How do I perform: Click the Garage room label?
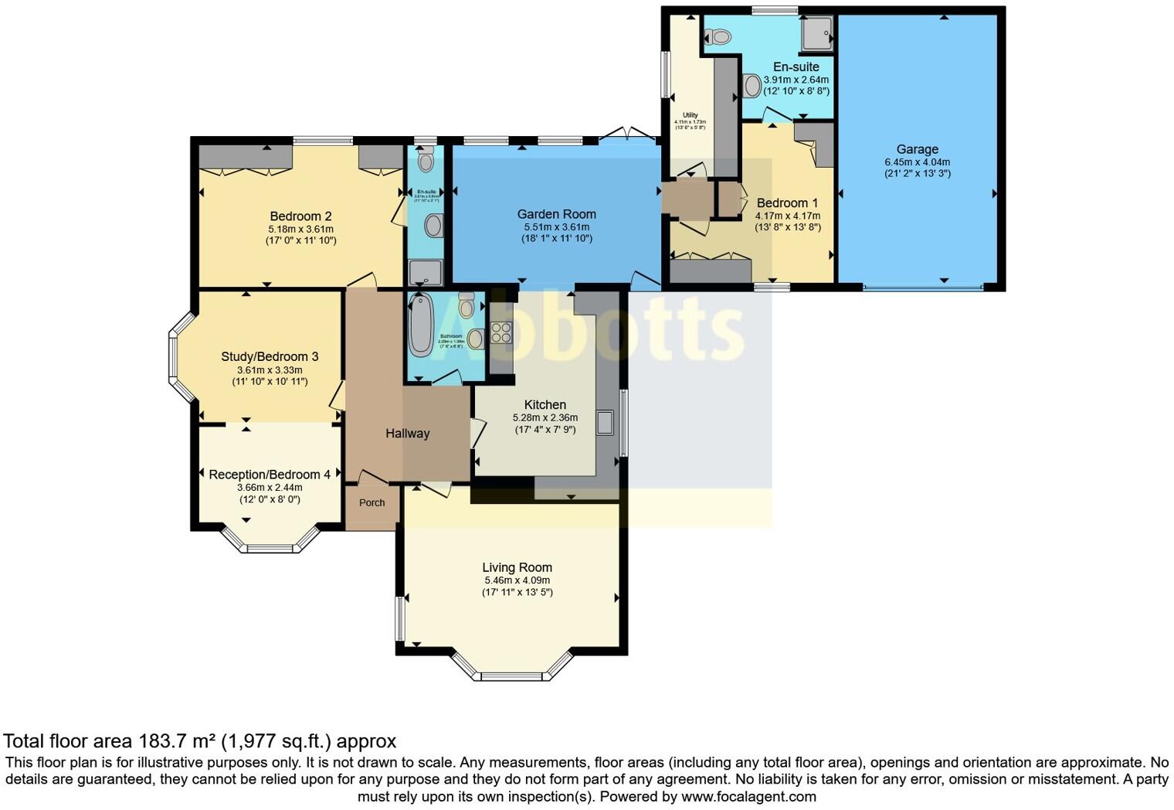pyautogui.click(x=917, y=149)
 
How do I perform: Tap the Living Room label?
pyautogui.click(x=517, y=567)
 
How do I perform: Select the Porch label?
pyautogui.click(x=372, y=502)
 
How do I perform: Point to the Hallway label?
pyautogui.click(x=407, y=434)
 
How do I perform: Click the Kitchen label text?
pyautogui.click(x=545, y=404)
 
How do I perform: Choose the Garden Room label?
pyautogui.click(x=556, y=214)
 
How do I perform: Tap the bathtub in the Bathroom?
pyautogui.click(x=420, y=325)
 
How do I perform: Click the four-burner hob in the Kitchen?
pyautogui.click(x=500, y=332)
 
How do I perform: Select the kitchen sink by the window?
pyautogui.click(x=605, y=423)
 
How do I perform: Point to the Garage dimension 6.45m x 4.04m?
pyautogui.click(x=917, y=162)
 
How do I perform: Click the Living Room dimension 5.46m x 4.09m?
pyautogui.click(x=517, y=580)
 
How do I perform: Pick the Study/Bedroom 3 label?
pyautogui.click(x=270, y=356)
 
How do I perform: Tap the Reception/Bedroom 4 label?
pyautogui.click(x=270, y=475)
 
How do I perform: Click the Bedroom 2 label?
pyautogui.click(x=300, y=216)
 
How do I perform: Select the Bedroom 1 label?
pyautogui.click(x=787, y=203)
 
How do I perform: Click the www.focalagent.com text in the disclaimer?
pyautogui.click(x=748, y=796)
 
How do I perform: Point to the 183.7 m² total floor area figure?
pyautogui.click(x=177, y=741)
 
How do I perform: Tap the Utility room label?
pyautogui.click(x=690, y=115)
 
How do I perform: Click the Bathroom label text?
pyautogui.click(x=451, y=336)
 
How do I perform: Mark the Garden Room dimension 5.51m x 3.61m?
pyautogui.click(x=556, y=227)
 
